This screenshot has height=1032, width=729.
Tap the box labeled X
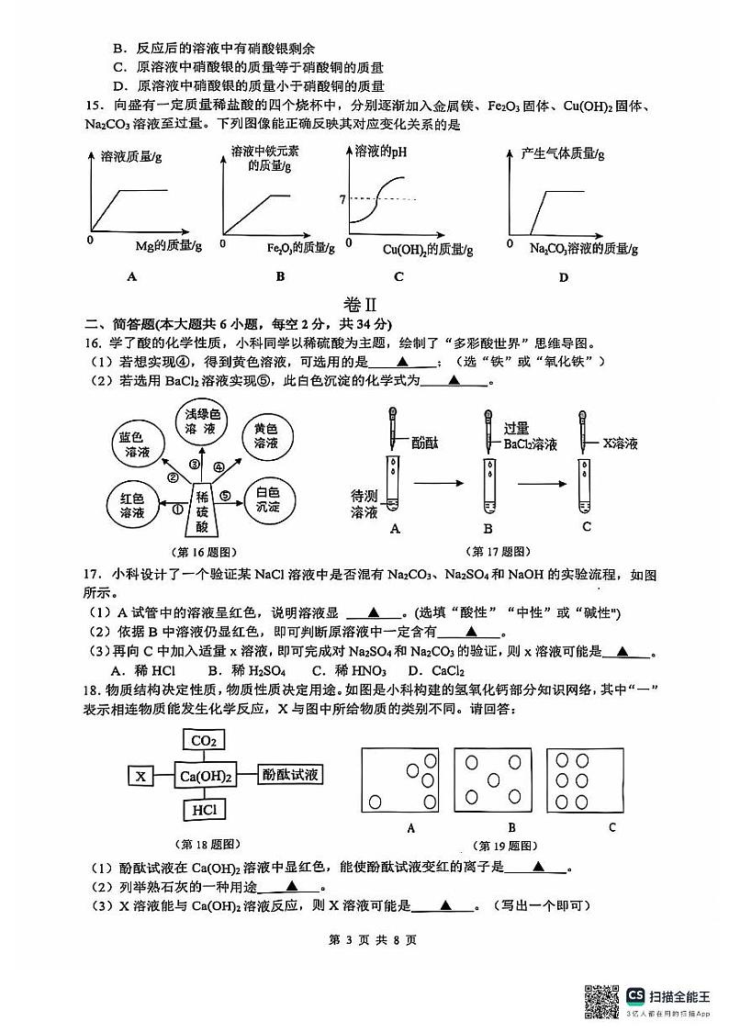(x=140, y=776)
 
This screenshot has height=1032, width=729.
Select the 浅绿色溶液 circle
(x=199, y=421)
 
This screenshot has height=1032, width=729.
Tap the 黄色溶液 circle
(x=265, y=436)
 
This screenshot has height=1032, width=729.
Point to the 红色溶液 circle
(x=135, y=506)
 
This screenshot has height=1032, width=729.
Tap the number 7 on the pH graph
(x=342, y=199)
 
